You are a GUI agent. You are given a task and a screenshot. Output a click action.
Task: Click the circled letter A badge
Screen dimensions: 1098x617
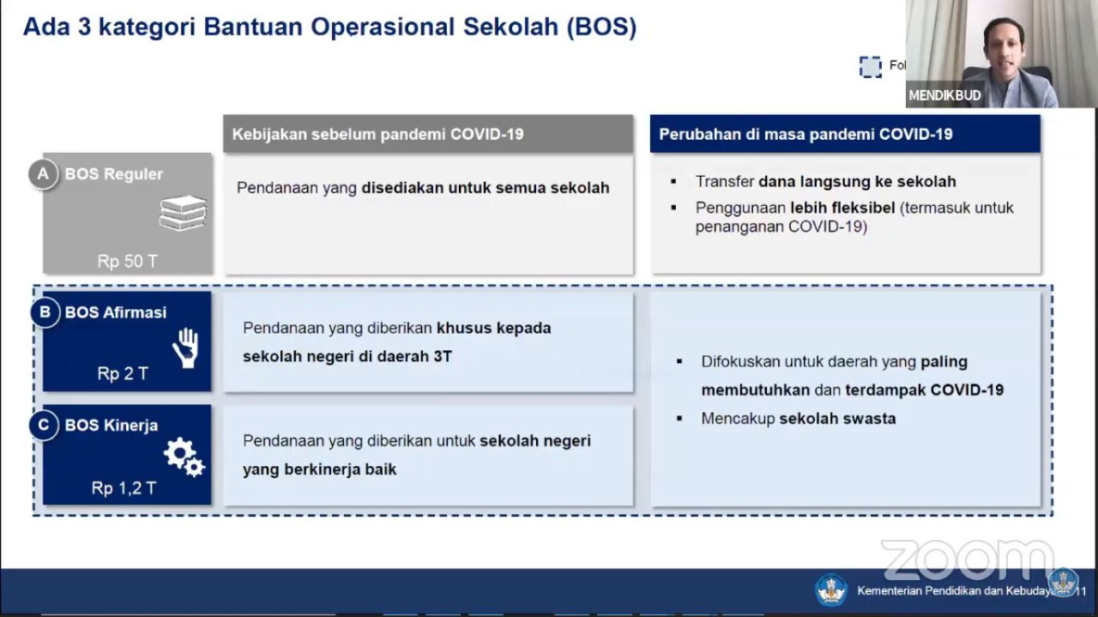(x=43, y=173)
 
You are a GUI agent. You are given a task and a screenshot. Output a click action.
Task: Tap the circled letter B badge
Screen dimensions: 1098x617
(x=45, y=312)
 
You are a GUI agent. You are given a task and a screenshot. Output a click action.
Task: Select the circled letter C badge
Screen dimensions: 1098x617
(x=44, y=425)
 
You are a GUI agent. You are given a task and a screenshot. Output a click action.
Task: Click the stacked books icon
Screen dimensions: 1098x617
(x=183, y=212)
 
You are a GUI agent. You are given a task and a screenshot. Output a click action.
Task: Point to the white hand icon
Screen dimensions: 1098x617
(x=186, y=348)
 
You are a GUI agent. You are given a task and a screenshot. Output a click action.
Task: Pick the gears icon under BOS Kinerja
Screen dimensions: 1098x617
(x=184, y=457)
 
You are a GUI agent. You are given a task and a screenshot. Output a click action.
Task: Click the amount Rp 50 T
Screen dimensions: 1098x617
(x=128, y=262)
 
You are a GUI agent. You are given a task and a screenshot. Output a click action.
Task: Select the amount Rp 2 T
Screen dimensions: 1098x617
(x=123, y=374)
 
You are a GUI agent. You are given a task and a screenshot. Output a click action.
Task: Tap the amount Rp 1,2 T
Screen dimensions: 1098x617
(x=124, y=488)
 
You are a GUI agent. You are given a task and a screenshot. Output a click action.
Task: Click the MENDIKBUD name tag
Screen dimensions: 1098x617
(x=944, y=95)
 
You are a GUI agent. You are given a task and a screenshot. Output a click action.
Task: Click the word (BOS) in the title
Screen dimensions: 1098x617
(x=601, y=27)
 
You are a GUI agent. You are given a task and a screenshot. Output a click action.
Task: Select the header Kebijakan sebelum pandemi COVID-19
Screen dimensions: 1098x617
(x=378, y=134)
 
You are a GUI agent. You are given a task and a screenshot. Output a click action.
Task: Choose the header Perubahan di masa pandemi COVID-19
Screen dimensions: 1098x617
(x=805, y=134)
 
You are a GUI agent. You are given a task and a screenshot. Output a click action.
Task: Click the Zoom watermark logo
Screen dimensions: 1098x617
(x=968, y=560)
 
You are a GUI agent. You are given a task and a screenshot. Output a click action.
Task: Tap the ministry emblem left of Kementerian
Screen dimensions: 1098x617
(x=831, y=590)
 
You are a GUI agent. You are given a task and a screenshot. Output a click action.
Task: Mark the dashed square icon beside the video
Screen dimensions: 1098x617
(x=870, y=67)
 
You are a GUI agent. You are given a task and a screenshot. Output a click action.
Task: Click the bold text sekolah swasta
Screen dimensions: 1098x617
(x=838, y=419)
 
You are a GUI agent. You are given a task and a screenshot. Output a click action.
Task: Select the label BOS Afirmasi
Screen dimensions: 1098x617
(x=116, y=312)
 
